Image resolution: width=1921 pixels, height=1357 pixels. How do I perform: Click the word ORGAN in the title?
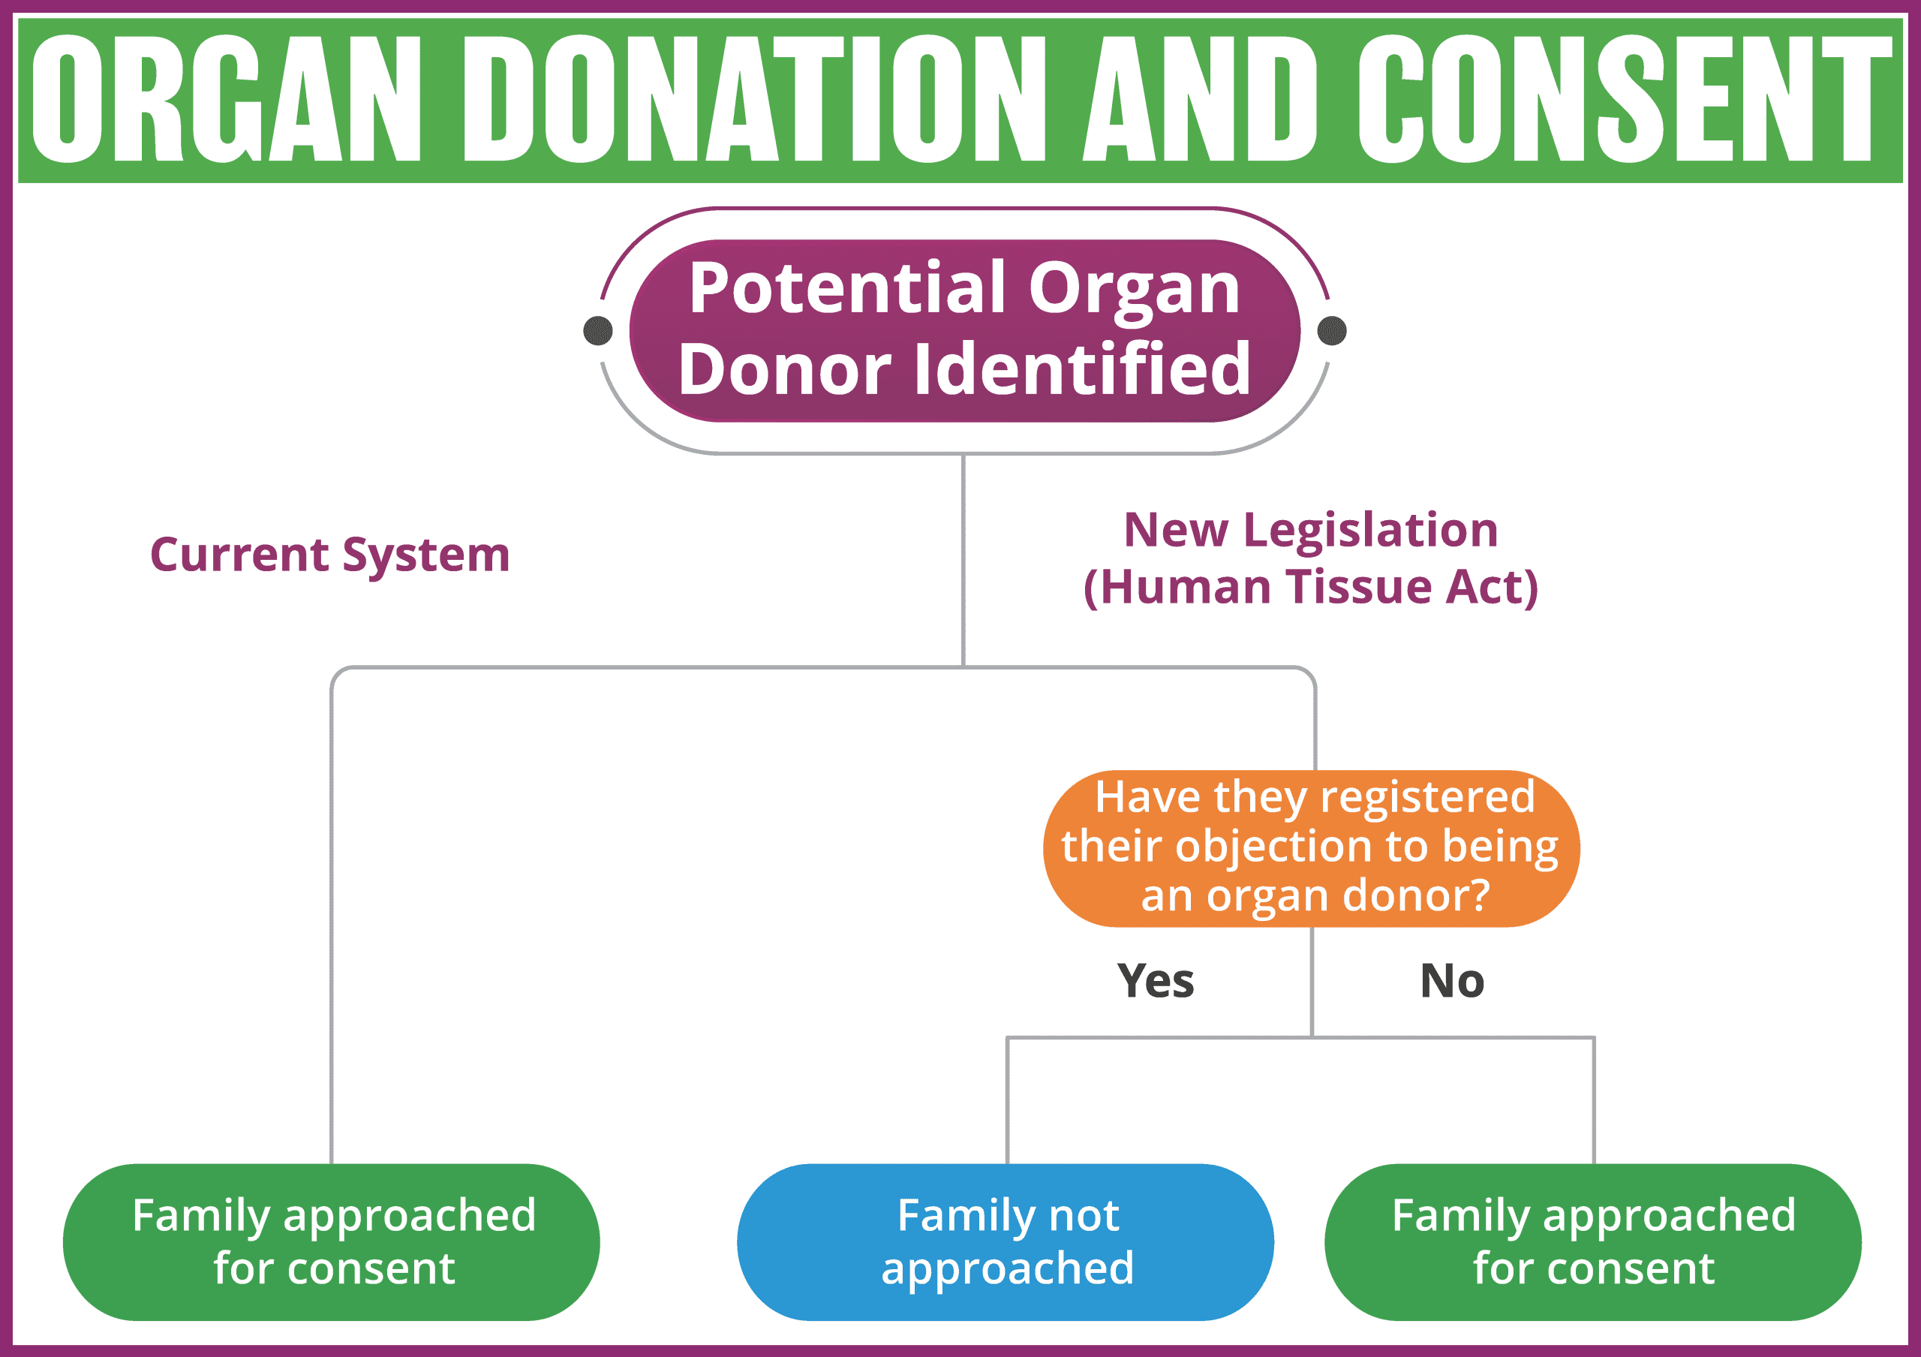pos(226,99)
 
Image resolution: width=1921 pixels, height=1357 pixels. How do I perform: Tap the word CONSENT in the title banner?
pos(1624,99)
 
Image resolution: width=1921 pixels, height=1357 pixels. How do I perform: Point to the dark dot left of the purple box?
pos(597,330)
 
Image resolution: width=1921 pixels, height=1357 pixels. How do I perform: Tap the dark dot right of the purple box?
pos(1331,330)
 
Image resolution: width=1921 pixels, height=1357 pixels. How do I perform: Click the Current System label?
pos(329,555)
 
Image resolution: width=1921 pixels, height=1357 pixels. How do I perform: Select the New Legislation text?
pos(1310,530)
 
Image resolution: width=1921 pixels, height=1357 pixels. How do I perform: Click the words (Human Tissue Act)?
pos(1310,586)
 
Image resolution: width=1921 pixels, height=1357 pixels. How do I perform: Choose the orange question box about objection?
pos(1311,847)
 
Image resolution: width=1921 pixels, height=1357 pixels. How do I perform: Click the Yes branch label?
pos(1156,980)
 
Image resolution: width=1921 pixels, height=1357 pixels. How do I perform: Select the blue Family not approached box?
pos(1006,1241)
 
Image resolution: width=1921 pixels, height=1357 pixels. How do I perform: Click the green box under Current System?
pos(332,1241)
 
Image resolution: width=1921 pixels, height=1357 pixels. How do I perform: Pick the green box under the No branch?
pos(1593,1241)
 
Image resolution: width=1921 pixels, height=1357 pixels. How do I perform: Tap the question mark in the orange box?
pos(1478,895)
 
